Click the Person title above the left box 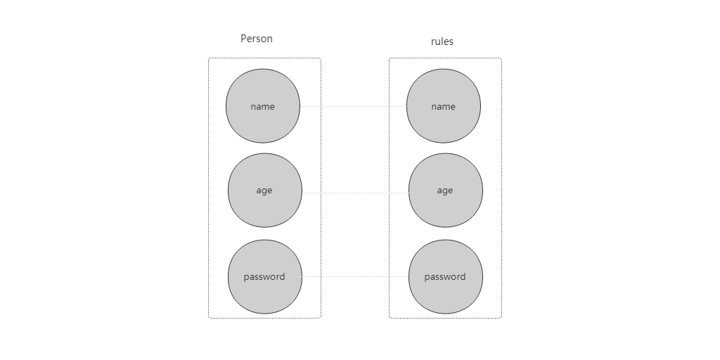pos(256,39)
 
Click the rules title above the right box pos(442,41)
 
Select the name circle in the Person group pos(263,106)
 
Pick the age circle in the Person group pos(265,190)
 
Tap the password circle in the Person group pos(265,277)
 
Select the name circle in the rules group pos(444,106)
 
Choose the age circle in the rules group pos(445,190)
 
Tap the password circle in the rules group pos(445,277)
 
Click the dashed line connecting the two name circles pos(353,107)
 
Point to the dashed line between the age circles pos(355,193)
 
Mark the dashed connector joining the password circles pos(355,276)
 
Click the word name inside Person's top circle pos(263,107)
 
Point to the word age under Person pos(264,191)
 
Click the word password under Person pos(264,277)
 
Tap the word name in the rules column pos(443,107)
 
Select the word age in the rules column pos(444,191)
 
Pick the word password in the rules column pos(444,277)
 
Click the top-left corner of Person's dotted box pos(208,58)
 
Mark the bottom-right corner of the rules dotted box pos(501,318)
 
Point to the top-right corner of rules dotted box pos(501,58)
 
